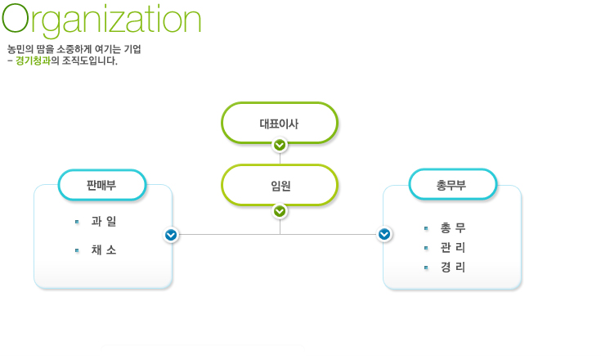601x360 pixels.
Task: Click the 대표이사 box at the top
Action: [280, 123]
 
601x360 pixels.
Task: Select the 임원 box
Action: [280, 186]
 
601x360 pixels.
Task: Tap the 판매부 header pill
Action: [102, 185]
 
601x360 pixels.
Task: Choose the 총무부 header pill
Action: [453, 185]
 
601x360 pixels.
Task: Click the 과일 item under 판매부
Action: [104, 221]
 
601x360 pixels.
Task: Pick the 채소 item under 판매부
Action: [104, 250]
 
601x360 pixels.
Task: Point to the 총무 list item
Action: [453, 228]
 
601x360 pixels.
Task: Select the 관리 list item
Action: [453, 248]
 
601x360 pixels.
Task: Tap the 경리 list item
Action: [453, 268]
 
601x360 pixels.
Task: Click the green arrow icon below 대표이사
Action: [280, 145]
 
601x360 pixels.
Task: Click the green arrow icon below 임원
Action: [280, 211]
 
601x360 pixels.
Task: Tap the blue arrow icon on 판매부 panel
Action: [171, 235]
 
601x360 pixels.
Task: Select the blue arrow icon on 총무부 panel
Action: [384, 234]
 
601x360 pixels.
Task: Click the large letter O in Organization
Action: [16, 18]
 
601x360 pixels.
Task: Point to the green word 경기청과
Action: [33, 61]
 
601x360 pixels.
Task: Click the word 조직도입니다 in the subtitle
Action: [89, 61]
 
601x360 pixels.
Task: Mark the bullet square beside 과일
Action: [77, 222]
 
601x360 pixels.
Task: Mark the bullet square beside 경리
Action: [426, 268]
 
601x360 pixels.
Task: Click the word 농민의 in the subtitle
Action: [20, 49]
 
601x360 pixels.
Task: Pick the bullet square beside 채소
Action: [77, 250]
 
